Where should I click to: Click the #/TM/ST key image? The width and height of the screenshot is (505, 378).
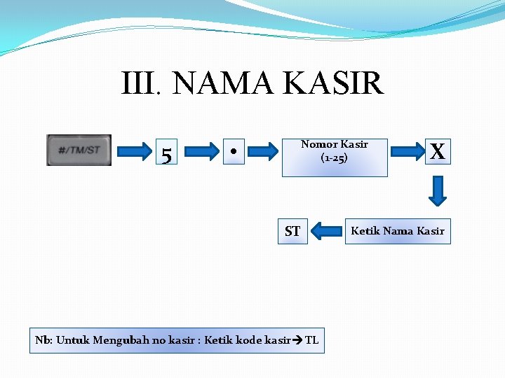(x=79, y=150)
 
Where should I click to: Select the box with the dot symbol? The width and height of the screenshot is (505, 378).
(x=232, y=150)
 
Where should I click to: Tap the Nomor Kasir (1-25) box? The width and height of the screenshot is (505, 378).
(x=334, y=157)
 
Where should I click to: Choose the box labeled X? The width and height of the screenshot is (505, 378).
(x=438, y=151)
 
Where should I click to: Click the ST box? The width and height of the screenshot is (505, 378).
(x=292, y=231)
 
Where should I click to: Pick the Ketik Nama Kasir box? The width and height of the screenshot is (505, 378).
(x=397, y=230)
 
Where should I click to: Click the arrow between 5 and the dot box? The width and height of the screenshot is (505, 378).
(x=202, y=150)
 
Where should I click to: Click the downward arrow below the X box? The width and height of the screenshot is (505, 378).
(x=438, y=191)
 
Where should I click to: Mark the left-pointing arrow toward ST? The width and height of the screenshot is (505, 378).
(x=326, y=230)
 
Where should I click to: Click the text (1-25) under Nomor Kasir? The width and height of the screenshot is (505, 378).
(x=334, y=158)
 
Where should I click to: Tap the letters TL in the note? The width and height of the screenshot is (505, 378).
(x=312, y=340)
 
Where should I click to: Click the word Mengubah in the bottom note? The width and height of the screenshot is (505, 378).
(x=117, y=340)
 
